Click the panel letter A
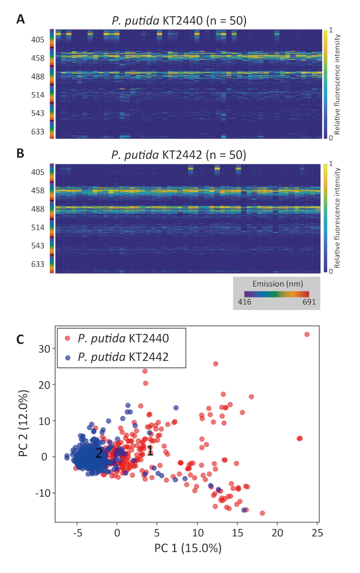tap(21, 19)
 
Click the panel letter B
tap(21, 153)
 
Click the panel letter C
tap(21, 339)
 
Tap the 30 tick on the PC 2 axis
tap(44, 349)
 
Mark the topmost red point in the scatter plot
tap(307, 334)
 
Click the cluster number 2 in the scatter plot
tap(99, 453)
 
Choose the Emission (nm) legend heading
tap(276, 283)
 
